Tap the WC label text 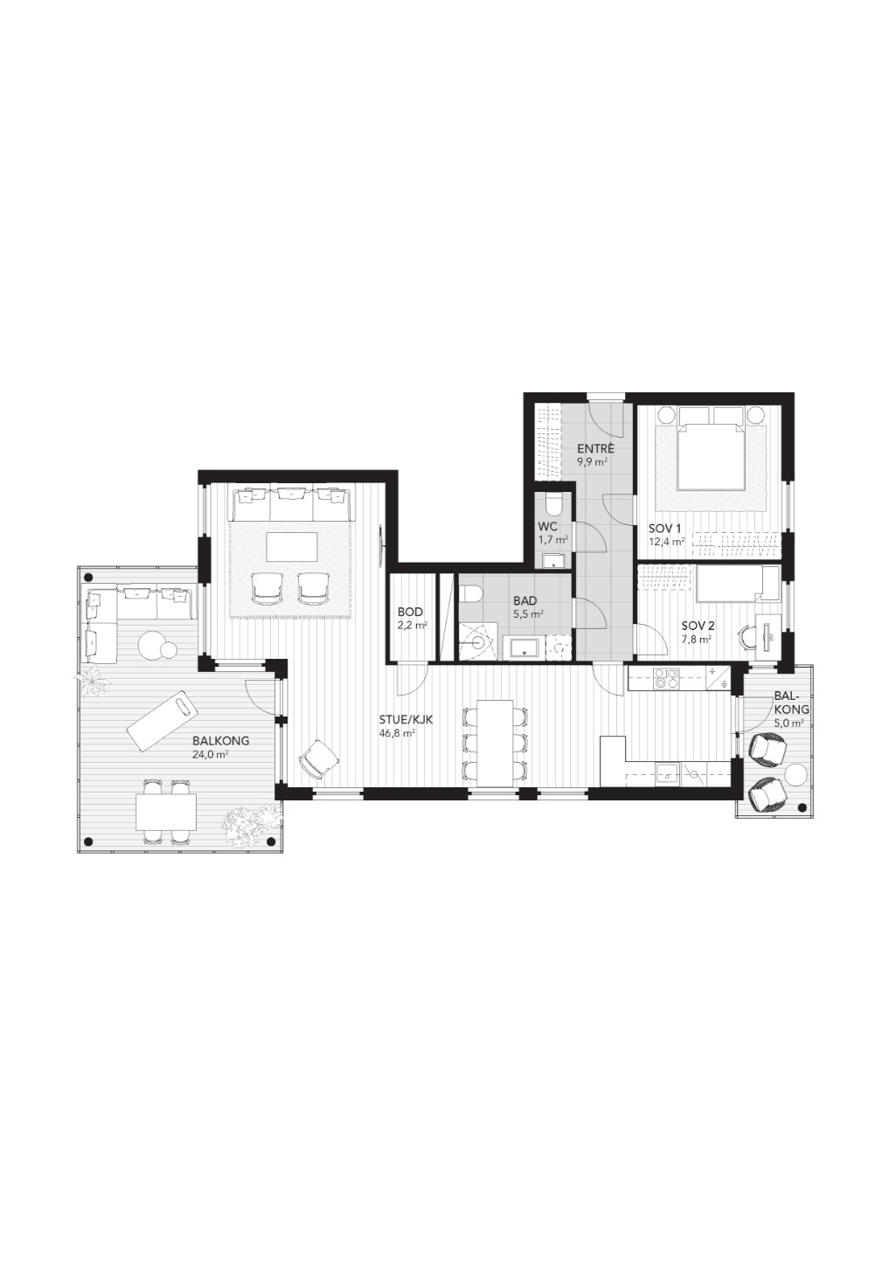pyautogui.click(x=547, y=527)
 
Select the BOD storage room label pyautogui.click(x=410, y=612)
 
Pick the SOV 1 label pyautogui.click(x=665, y=529)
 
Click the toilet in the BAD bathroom pyautogui.click(x=471, y=592)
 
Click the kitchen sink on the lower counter pyautogui.click(x=670, y=773)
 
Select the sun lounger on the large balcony pyautogui.click(x=162, y=717)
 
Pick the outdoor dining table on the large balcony pyautogui.click(x=166, y=813)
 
